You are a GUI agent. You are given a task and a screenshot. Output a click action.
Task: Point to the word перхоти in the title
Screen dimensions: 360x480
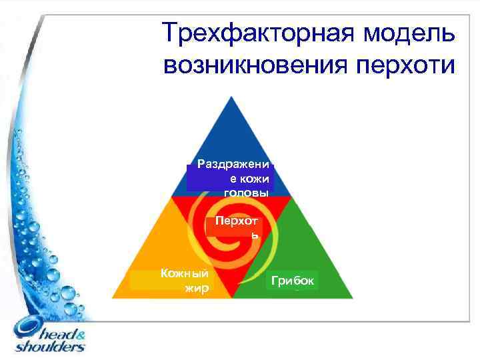tap(409, 65)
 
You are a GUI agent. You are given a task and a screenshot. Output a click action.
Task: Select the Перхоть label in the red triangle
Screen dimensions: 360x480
tap(235, 227)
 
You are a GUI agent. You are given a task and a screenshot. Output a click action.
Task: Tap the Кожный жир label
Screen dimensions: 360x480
tap(185, 280)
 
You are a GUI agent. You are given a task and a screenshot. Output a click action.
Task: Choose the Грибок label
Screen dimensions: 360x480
tap(294, 281)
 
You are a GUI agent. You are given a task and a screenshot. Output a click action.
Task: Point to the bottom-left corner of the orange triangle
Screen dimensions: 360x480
tap(113, 297)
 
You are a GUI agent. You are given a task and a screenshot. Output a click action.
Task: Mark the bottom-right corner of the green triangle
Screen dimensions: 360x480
tap(352, 297)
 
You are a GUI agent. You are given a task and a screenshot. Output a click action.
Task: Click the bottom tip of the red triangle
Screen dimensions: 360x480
tap(231, 297)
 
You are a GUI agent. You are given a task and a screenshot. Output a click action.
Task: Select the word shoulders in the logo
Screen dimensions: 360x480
tap(50, 347)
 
